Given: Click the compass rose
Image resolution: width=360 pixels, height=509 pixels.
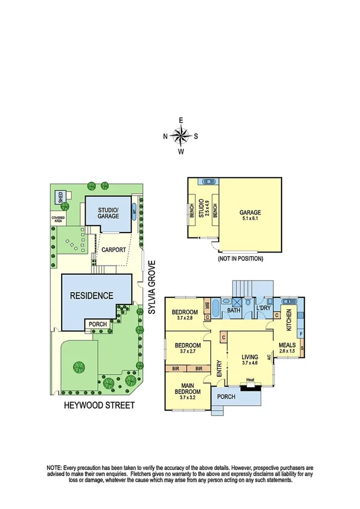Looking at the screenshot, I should tap(181, 136).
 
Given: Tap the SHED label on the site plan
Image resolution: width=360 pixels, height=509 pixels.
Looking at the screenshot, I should tap(60, 197).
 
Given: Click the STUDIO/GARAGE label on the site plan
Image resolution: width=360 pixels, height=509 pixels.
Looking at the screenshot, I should tap(108, 212).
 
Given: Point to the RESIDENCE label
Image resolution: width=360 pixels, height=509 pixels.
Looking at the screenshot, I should tap(90, 296).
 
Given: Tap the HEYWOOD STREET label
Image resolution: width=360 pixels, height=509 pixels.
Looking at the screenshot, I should tap(99, 405).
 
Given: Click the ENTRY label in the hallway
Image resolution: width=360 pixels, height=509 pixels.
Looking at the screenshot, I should tap(217, 366).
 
